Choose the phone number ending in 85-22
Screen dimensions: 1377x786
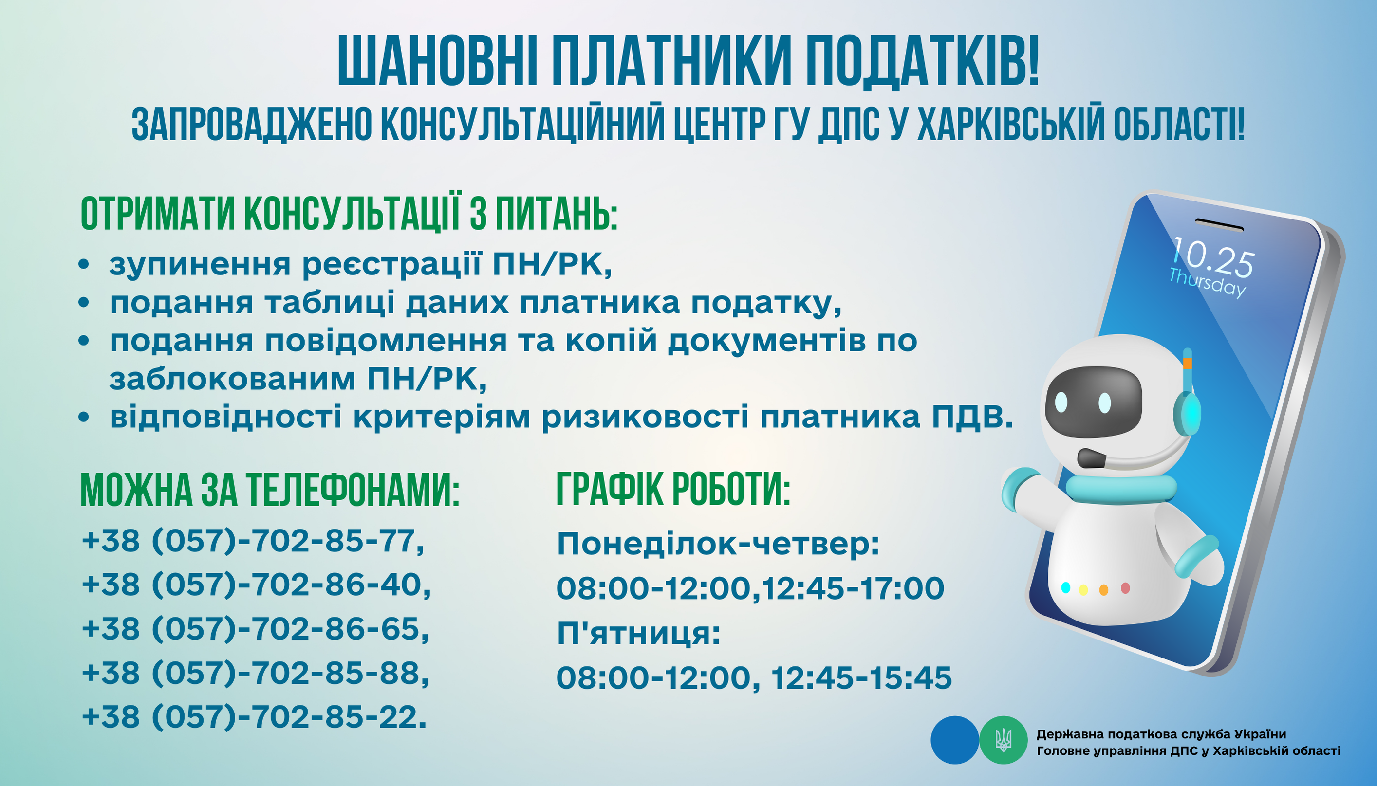(254, 717)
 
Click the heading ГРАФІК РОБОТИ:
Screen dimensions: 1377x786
(673, 489)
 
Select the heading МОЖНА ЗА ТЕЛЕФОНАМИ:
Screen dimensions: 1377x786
(269, 489)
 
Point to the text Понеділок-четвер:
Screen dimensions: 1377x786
(718, 544)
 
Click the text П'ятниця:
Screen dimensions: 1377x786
(639, 633)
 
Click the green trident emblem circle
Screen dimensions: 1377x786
(1004, 740)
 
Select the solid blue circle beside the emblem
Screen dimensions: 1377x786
(955, 740)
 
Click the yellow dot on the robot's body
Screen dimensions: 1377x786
(1083, 590)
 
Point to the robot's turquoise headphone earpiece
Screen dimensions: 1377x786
(1188, 414)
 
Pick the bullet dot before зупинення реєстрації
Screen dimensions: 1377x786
(83, 265)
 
